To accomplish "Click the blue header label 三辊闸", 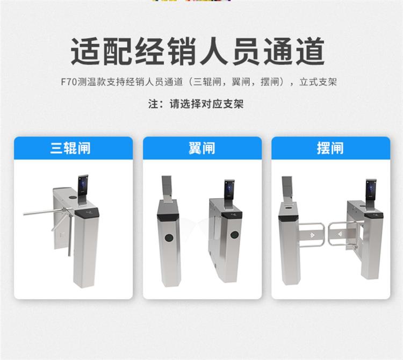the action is [70, 148].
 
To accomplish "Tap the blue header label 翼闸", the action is [202, 148].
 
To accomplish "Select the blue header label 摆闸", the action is [330, 148].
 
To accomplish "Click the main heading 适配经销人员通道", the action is [197, 52].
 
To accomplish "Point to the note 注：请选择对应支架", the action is [196, 104].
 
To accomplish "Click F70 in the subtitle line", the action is [69, 82].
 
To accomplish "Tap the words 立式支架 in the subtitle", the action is [318, 82].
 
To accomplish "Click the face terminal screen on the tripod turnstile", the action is [83, 185].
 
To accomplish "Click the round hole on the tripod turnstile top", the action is [73, 198].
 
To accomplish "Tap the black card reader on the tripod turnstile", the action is [87, 213].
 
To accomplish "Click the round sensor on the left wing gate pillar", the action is [169, 237].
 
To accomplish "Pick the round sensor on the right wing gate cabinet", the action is [234, 235].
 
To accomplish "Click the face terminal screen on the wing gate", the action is [229, 190].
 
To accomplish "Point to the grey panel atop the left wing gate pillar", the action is [167, 186].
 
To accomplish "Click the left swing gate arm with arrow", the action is [312, 234].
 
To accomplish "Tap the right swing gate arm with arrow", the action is [341, 234].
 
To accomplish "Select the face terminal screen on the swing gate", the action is [371, 189].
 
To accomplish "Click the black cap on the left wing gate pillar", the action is [168, 217].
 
